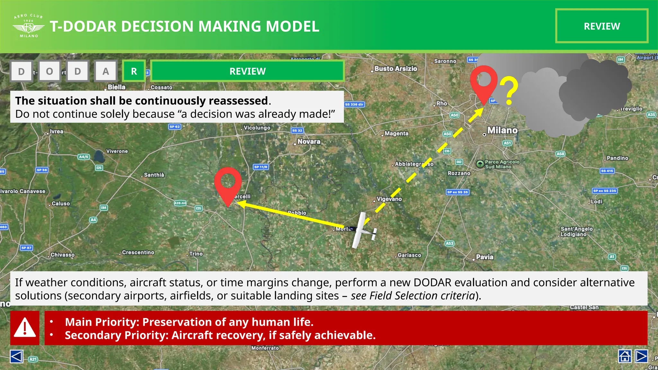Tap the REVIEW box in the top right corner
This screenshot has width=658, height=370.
point(601,26)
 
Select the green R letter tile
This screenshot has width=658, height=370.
point(134,71)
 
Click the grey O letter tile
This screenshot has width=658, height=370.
point(49,71)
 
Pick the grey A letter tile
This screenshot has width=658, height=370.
point(106,71)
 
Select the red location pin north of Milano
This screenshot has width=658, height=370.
point(484,82)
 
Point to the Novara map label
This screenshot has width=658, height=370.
point(309,141)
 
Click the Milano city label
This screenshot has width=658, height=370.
point(502,130)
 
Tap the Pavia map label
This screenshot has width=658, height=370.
point(485,257)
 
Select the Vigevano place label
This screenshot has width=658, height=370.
point(389,199)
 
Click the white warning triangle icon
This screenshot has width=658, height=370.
point(25,328)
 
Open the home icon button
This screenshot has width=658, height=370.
point(625,356)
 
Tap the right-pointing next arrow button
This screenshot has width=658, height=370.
point(641,356)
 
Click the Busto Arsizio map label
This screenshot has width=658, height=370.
point(396,69)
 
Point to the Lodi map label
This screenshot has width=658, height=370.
point(597,202)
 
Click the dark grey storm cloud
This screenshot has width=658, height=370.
point(594,90)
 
